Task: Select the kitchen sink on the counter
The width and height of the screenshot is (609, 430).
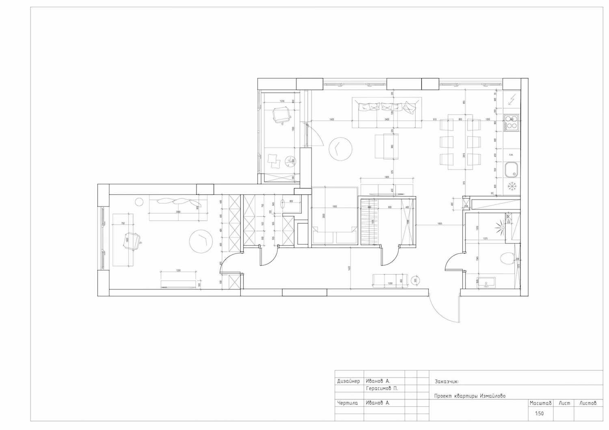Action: coord(511,170)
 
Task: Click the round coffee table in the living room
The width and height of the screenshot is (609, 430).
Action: coord(340,149)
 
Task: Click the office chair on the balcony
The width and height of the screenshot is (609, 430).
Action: coord(281,114)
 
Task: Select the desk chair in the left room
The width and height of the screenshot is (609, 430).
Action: coord(132,241)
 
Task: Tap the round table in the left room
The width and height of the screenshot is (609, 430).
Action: coord(201,241)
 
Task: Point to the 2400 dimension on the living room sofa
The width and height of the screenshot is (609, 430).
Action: coord(387,120)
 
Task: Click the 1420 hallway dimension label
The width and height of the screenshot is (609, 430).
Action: coord(349,268)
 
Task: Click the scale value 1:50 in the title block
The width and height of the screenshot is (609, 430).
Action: coord(539,414)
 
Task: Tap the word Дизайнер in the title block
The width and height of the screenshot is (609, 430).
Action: coord(348,381)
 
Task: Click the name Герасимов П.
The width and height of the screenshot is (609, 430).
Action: coord(382,388)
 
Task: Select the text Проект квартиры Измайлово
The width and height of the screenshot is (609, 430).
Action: coord(470,396)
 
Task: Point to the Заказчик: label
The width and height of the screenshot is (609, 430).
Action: coord(446,381)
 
